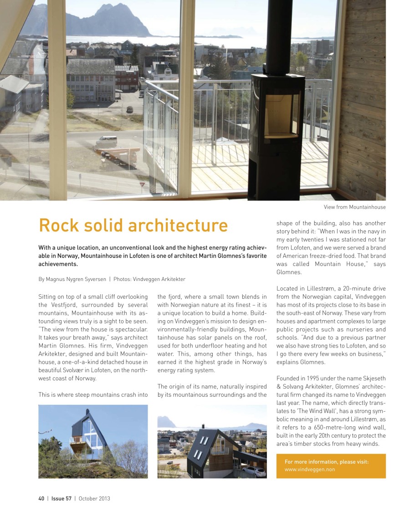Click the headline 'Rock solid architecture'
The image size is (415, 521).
[x=133, y=225]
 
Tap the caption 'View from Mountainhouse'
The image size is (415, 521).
[x=354, y=207]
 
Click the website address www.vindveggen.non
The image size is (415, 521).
[x=309, y=470]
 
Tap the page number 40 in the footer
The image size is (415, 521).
[x=41, y=498]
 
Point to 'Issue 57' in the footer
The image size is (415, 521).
[x=61, y=498]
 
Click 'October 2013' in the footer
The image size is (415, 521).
[x=94, y=498]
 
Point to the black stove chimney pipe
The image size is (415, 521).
[x=279, y=36]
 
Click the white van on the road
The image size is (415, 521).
[x=106, y=141]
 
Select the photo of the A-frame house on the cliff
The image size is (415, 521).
[x=93, y=441]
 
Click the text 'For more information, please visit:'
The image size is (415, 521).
[x=326, y=462]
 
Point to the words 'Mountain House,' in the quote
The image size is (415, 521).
[x=337, y=264]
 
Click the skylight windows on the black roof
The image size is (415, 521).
[x=198, y=449]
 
